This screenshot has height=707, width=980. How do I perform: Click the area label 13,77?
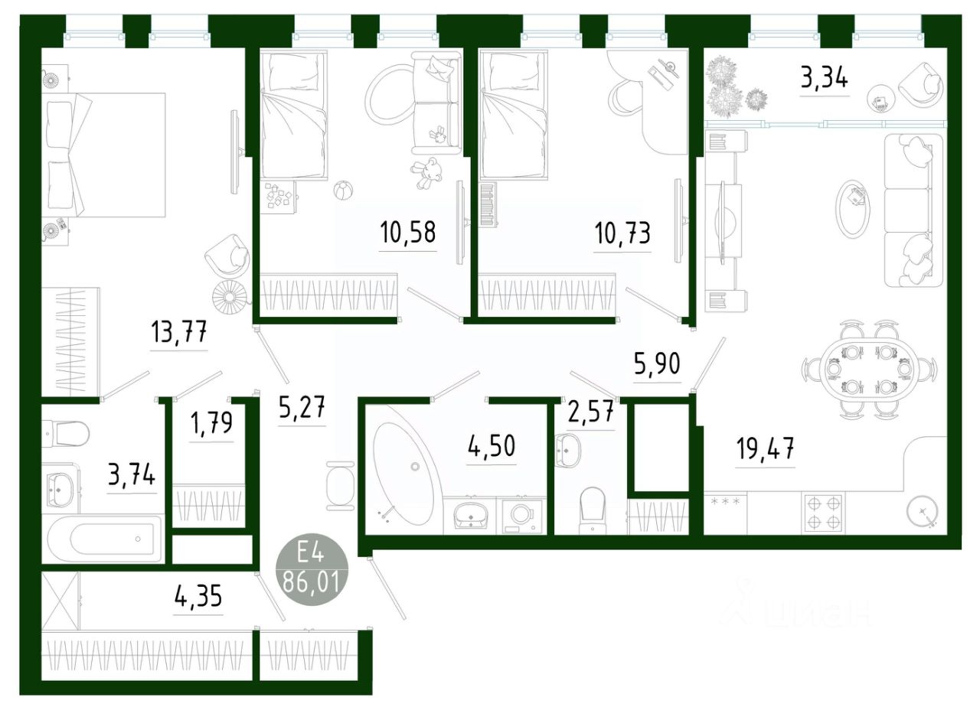[179, 334]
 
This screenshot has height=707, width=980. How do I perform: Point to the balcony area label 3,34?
[824, 78]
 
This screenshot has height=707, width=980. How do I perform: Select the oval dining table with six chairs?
[870, 370]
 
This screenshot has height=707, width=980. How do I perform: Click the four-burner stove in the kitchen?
[822, 513]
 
